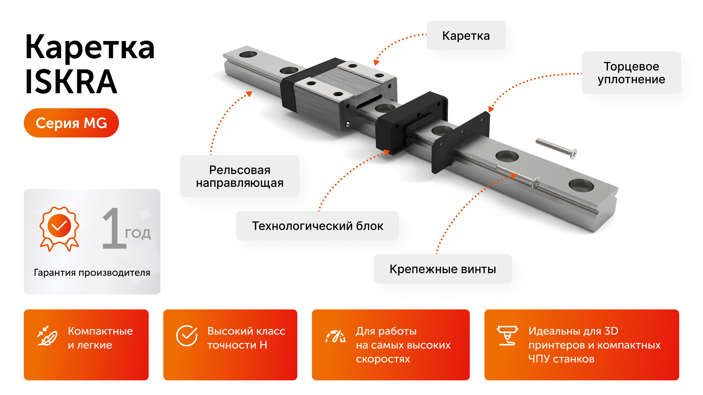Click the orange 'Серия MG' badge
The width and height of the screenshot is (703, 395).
pyautogui.click(x=71, y=123)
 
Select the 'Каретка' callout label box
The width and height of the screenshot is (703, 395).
pyautogui.click(x=466, y=36)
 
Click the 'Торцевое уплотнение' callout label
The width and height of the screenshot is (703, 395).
pyautogui.click(x=631, y=73)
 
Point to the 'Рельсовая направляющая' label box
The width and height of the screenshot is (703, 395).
pyautogui.click(x=239, y=176)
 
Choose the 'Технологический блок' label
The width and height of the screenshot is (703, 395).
pyautogui.click(x=317, y=226)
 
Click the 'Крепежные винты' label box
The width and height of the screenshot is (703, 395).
pyautogui.click(x=442, y=269)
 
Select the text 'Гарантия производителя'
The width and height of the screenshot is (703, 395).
pyautogui.click(x=92, y=272)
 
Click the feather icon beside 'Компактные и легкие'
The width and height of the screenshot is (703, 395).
pyautogui.click(x=48, y=336)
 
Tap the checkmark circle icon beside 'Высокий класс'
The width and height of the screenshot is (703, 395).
pyautogui.click(x=187, y=336)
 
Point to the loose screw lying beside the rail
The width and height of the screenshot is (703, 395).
pyautogui.click(x=556, y=148)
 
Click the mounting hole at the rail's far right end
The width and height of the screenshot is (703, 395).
pyautogui.click(x=581, y=185)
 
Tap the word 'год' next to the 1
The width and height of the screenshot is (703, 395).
pyautogui.click(x=138, y=233)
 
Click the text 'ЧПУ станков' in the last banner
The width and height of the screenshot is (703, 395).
pyautogui.click(x=561, y=359)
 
